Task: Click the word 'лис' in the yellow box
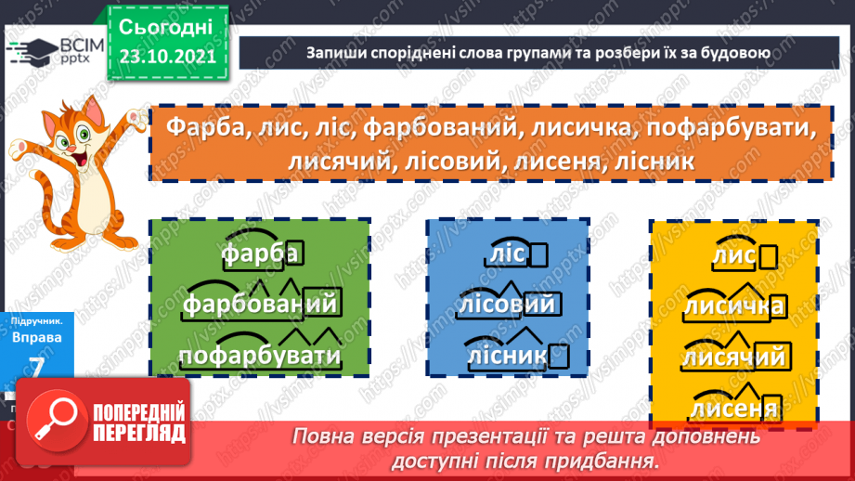coord(733,255)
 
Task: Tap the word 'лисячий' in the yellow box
coord(734,356)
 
